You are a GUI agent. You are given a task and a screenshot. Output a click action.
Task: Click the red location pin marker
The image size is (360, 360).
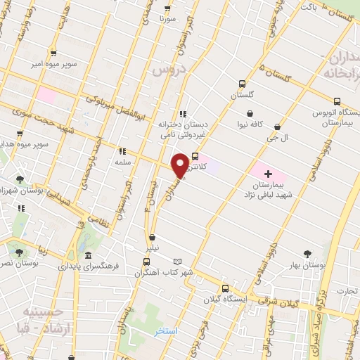tap(181, 165)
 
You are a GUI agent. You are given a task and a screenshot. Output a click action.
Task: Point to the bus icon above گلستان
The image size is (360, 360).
tap(243, 82)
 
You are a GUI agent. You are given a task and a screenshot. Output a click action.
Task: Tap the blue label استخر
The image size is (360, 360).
tap(166, 330)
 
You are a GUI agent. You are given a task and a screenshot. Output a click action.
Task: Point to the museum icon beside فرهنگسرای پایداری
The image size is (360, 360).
tap(87, 255)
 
